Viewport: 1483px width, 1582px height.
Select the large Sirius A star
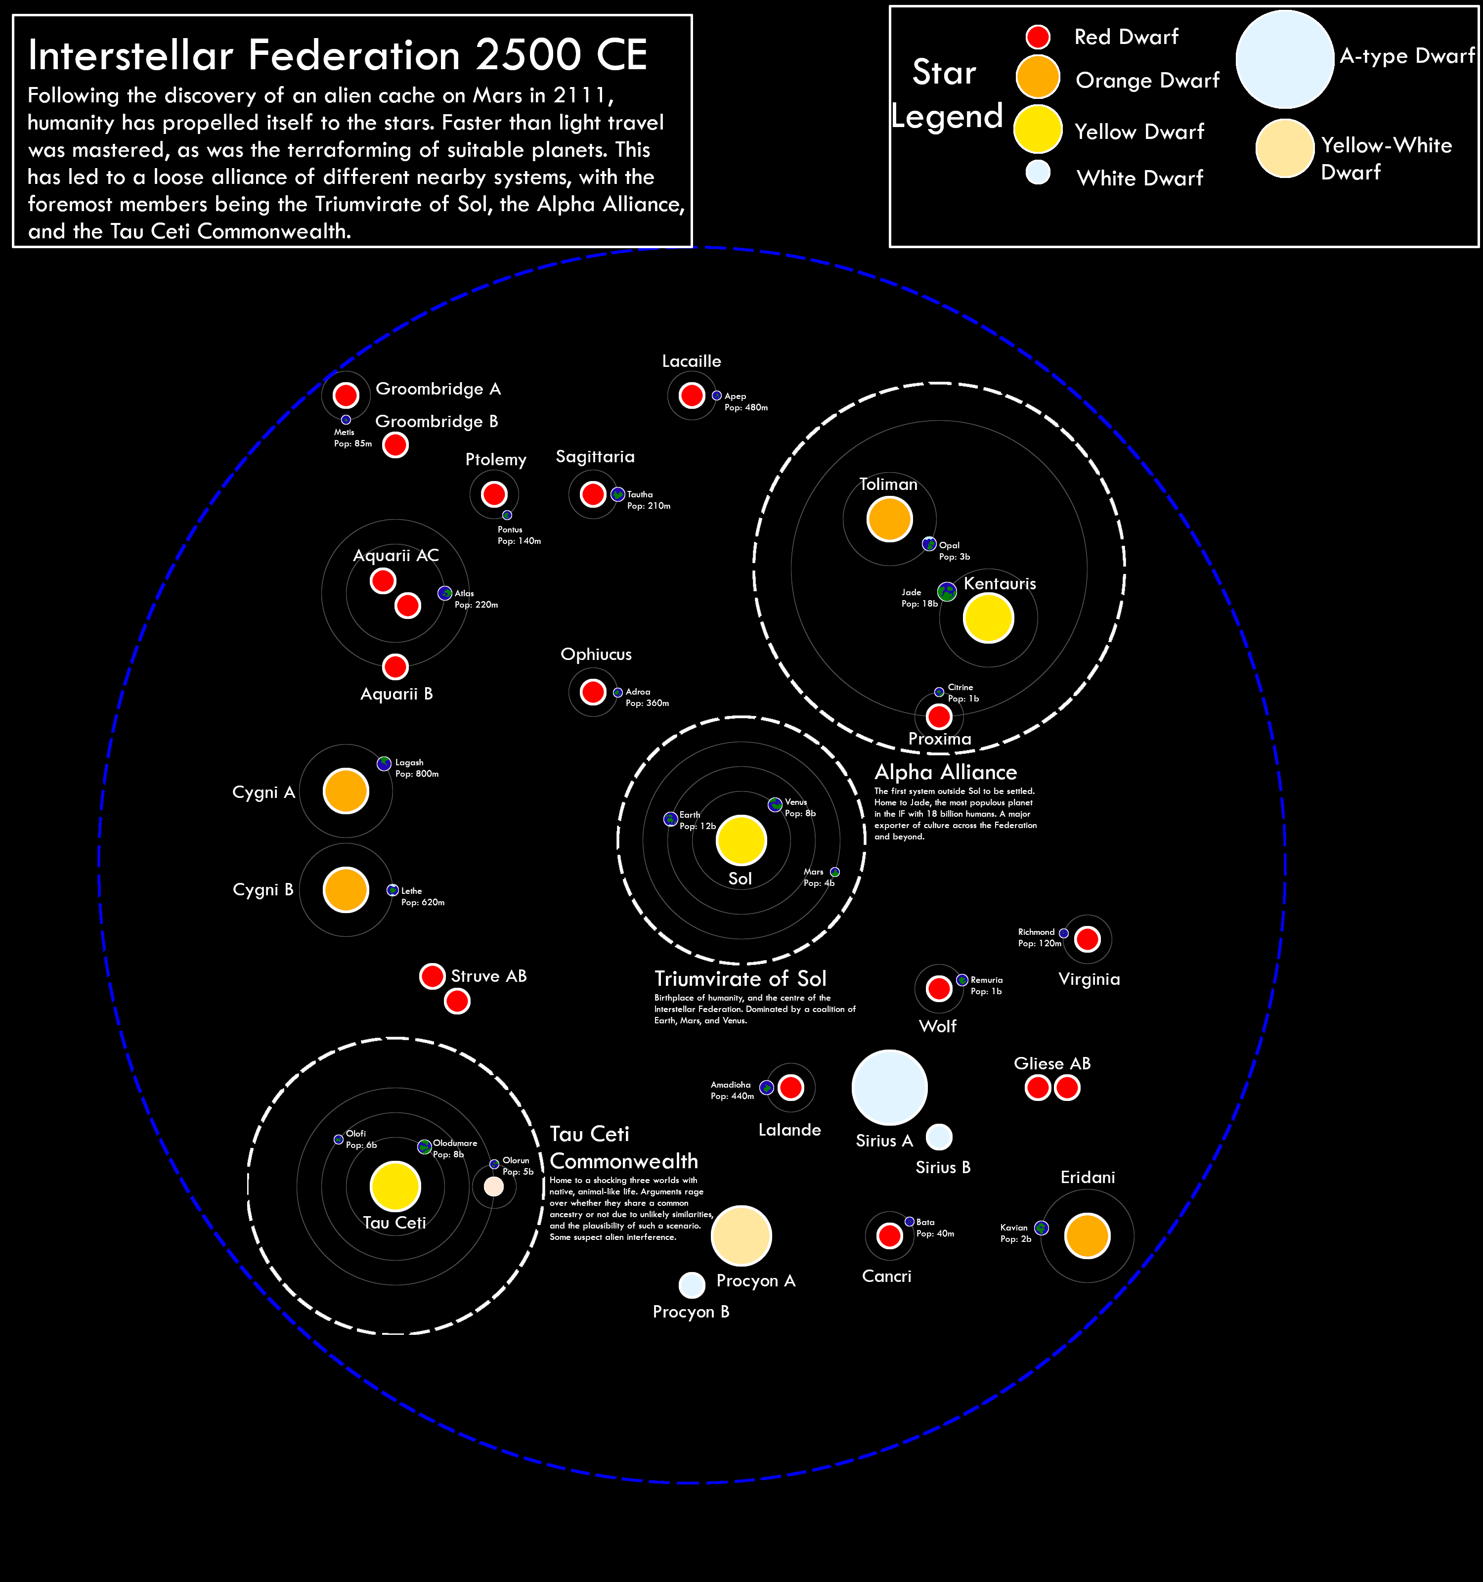[889, 1087]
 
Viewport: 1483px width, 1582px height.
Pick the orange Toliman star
[889, 518]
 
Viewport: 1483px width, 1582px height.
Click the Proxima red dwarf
[939, 716]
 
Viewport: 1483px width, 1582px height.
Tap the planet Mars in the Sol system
[834, 872]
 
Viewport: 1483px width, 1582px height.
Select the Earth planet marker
[671, 819]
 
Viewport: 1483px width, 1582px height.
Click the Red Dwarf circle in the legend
[1038, 37]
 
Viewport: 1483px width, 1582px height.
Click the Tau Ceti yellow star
[395, 1186]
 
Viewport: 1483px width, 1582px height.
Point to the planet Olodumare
[425, 1147]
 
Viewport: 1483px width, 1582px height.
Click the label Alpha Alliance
[945, 772]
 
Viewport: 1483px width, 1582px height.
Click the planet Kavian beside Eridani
[1041, 1228]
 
